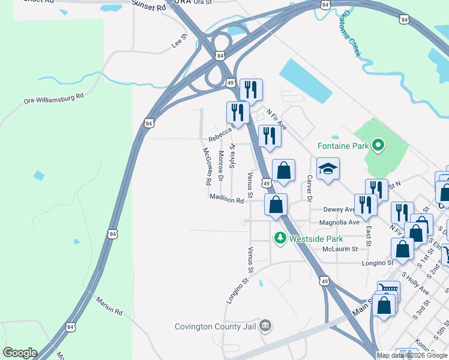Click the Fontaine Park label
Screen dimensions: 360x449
(x=343, y=145)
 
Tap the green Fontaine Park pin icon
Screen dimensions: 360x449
(x=378, y=145)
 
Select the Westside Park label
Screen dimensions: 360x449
(x=312, y=238)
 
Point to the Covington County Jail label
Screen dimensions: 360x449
(x=215, y=326)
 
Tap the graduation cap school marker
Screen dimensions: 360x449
(x=328, y=170)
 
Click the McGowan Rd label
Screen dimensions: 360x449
(x=207, y=166)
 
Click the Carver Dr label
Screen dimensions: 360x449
(x=310, y=188)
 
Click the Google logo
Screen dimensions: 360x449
(x=20, y=353)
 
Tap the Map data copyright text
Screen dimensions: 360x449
(x=412, y=355)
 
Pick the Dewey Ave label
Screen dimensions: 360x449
(x=340, y=209)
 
